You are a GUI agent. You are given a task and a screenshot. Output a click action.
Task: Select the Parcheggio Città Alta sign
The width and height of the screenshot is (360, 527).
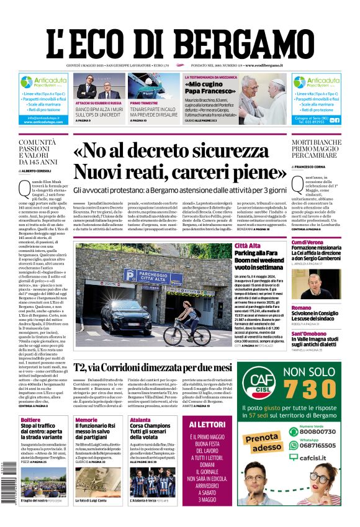150,275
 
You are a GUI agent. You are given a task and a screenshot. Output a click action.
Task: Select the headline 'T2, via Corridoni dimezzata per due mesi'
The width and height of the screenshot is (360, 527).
153,367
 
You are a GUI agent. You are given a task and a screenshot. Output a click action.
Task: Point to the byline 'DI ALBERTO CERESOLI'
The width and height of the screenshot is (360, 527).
38,170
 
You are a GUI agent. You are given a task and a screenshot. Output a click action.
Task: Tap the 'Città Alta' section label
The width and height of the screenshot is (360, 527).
248,246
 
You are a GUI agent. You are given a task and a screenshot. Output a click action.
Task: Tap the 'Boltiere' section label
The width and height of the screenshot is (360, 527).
30,420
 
